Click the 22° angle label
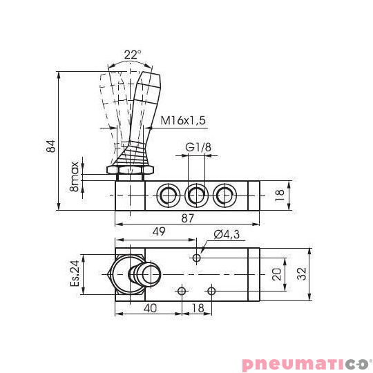133,55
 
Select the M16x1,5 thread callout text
184,120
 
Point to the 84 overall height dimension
49,146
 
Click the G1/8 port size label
198,147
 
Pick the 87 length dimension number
187,218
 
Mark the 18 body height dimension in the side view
279,195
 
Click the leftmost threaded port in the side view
168,196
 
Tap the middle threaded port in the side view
197,196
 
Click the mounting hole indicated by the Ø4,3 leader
197,258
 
